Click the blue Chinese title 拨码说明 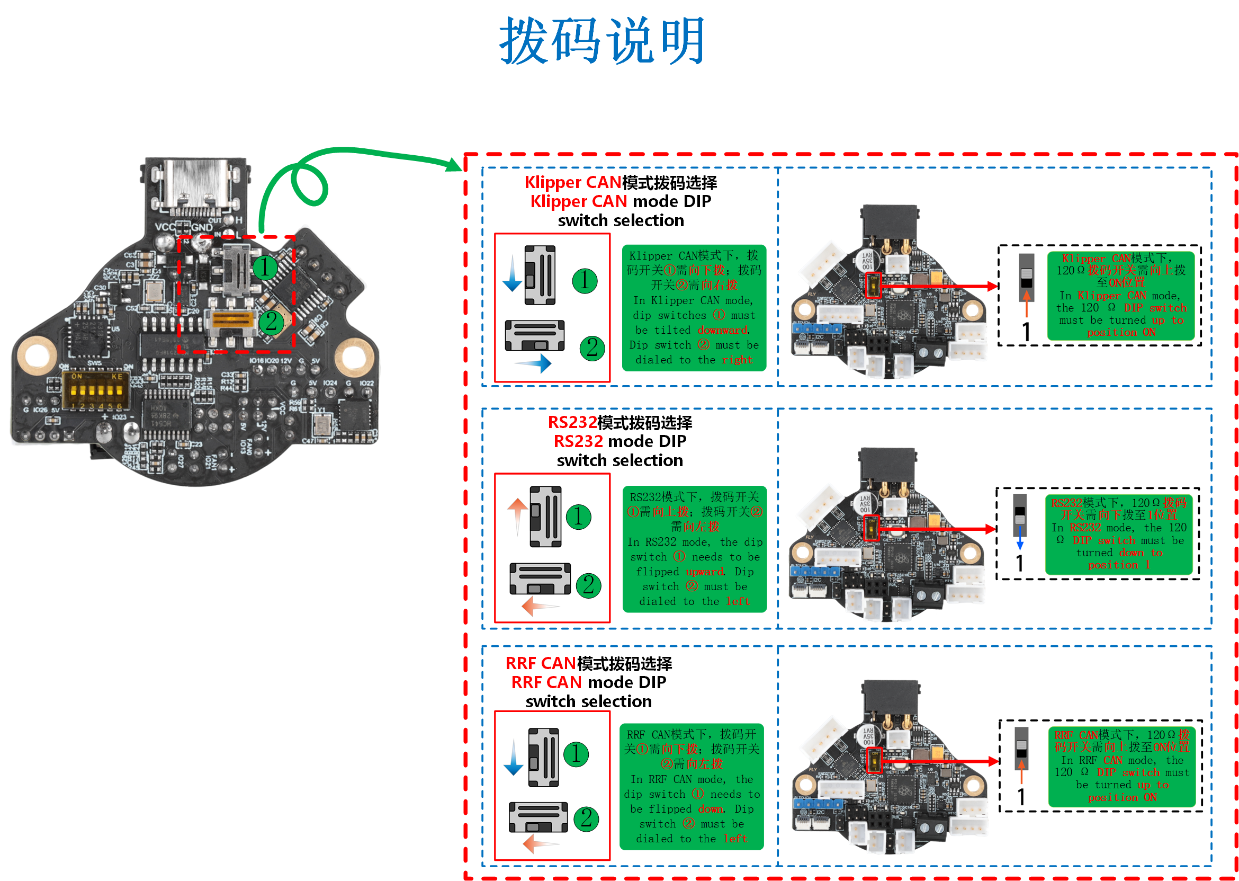tap(602, 41)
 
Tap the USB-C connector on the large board tap(195, 184)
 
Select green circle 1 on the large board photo tap(265, 268)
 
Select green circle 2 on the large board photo tap(271, 321)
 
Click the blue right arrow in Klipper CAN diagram tap(534, 363)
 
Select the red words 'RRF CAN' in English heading tap(546, 682)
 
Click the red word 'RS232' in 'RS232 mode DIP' tap(578, 442)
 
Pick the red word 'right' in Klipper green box tap(737, 360)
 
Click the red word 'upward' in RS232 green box tap(704, 572)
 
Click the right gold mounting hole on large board tap(353, 356)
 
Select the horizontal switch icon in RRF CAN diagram tap(538, 817)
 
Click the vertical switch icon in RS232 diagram tap(545, 517)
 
